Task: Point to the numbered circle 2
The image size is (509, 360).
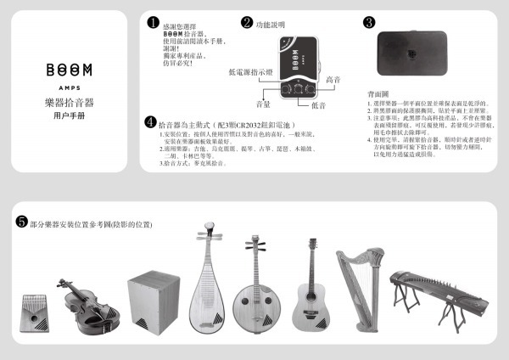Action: pyautogui.click(x=247, y=23)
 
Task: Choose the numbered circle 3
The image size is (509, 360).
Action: pyautogui.click(x=369, y=23)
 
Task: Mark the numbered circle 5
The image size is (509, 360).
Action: pyautogui.click(x=21, y=222)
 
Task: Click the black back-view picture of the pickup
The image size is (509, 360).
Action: pyautogui.click(x=411, y=57)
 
